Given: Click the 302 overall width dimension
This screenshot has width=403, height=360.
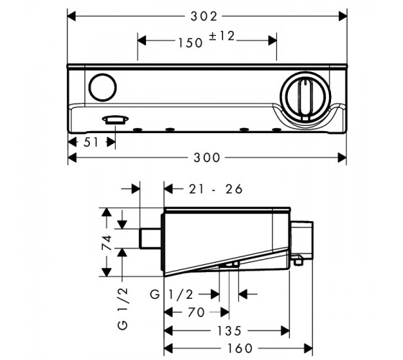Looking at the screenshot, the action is pos(204,17).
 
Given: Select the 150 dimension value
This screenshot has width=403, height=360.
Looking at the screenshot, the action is pos(191,42).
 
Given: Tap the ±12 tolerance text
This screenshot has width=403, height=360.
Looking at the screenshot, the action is pos(222,36).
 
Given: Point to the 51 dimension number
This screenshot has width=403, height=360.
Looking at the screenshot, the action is pos(91,143).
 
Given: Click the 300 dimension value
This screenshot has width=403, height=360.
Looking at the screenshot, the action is pos(207,158).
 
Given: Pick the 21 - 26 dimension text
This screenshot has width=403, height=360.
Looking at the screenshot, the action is pos(216,189).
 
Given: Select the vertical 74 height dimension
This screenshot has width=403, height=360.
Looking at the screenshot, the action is pos(107,242).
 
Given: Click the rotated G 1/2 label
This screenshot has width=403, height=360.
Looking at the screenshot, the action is pos(123,309).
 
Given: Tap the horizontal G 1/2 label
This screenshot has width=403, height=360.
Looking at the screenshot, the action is pos(171,294).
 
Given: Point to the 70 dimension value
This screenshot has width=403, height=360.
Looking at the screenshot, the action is pos(196,312).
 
